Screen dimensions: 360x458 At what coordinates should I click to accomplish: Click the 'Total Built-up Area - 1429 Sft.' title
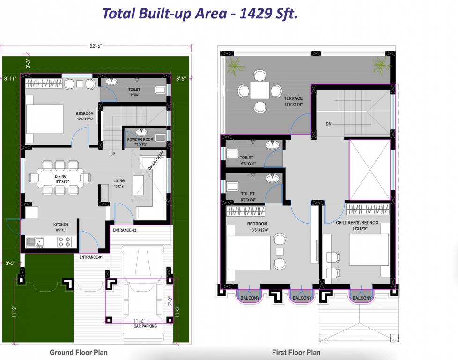pyautogui.click(x=200, y=14)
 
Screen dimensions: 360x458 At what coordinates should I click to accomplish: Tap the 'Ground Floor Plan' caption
pyautogui.click(x=78, y=352)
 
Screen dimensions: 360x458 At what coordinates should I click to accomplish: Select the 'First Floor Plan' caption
pyautogui.click(x=296, y=352)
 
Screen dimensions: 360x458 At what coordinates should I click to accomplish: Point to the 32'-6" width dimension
pyautogui.click(x=96, y=46)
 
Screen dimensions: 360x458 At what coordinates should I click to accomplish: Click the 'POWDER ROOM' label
pyautogui.click(x=140, y=140)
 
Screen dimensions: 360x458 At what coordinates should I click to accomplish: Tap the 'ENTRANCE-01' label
pyautogui.click(x=91, y=257)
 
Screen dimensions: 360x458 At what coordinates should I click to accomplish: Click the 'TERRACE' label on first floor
pyautogui.click(x=293, y=98)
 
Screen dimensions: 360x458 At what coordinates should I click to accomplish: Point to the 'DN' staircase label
pyautogui.click(x=329, y=124)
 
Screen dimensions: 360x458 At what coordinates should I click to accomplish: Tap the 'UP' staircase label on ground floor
pyautogui.click(x=112, y=154)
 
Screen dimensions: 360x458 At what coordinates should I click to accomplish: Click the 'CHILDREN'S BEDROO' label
pyautogui.click(x=357, y=223)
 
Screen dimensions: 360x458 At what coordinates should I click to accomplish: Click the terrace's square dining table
pyautogui.click(x=259, y=90)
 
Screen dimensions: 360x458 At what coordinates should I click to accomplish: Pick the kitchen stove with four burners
pyautogui.click(x=64, y=241)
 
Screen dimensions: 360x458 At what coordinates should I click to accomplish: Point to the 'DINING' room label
pyautogui.click(x=60, y=176)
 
